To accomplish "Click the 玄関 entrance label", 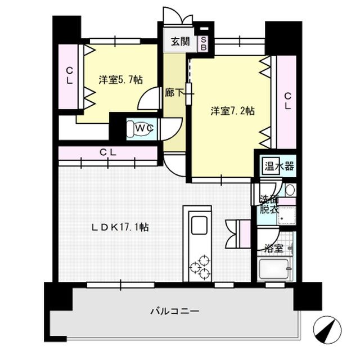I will (179, 41).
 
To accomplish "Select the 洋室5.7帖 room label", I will (120, 80).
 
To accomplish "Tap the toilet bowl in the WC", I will (136, 129).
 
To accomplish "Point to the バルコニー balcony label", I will (175, 310).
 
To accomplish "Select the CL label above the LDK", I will (109, 152).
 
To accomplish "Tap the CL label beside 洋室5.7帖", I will (69, 76).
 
